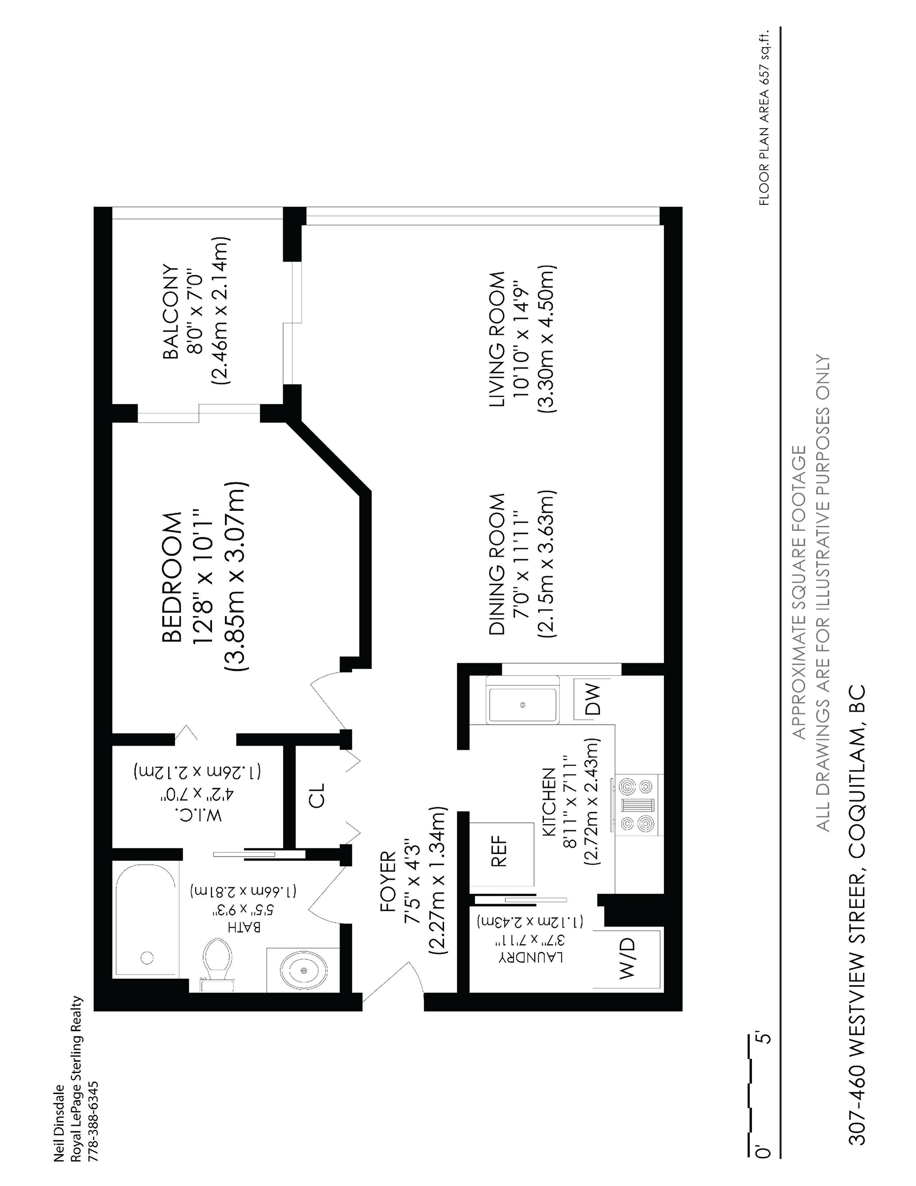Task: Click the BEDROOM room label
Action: (x=171, y=577)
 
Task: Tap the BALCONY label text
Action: (x=170, y=312)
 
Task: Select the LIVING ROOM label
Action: (x=497, y=339)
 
